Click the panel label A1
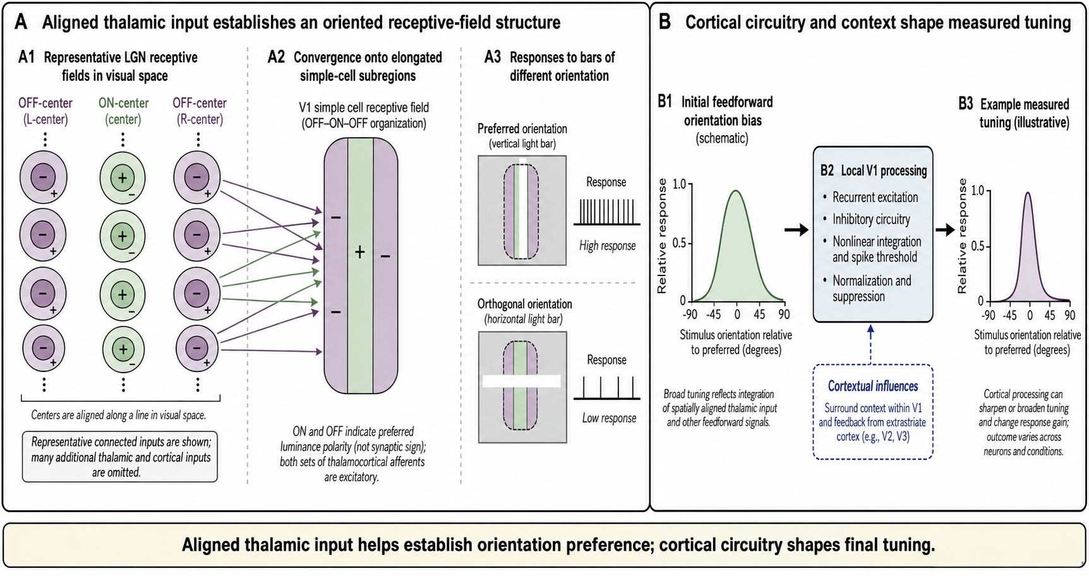[x=27, y=57]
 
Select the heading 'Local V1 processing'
[x=884, y=171]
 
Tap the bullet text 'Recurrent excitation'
[x=875, y=197]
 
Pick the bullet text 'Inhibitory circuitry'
[x=871, y=219]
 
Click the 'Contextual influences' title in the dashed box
[x=873, y=386]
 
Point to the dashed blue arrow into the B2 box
[x=871, y=344]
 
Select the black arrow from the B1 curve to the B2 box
[x=796, y=230]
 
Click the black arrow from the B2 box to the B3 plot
[x=945, y=230]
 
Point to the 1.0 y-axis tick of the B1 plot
[x=679, y=184]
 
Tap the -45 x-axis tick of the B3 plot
[x=1009, y=315]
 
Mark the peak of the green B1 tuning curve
[x=735, y=190]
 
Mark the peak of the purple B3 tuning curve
[x=1028, y=193]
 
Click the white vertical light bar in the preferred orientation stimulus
[x=523, y=209]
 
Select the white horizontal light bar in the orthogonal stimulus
[x=522, y=381]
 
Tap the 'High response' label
[x=607, y=246]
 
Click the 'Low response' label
[x=609, y=418]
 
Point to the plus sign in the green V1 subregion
[x=359, y=252]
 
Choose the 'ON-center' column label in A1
[x=123, y=103]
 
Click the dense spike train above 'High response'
[x=606, y=212]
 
